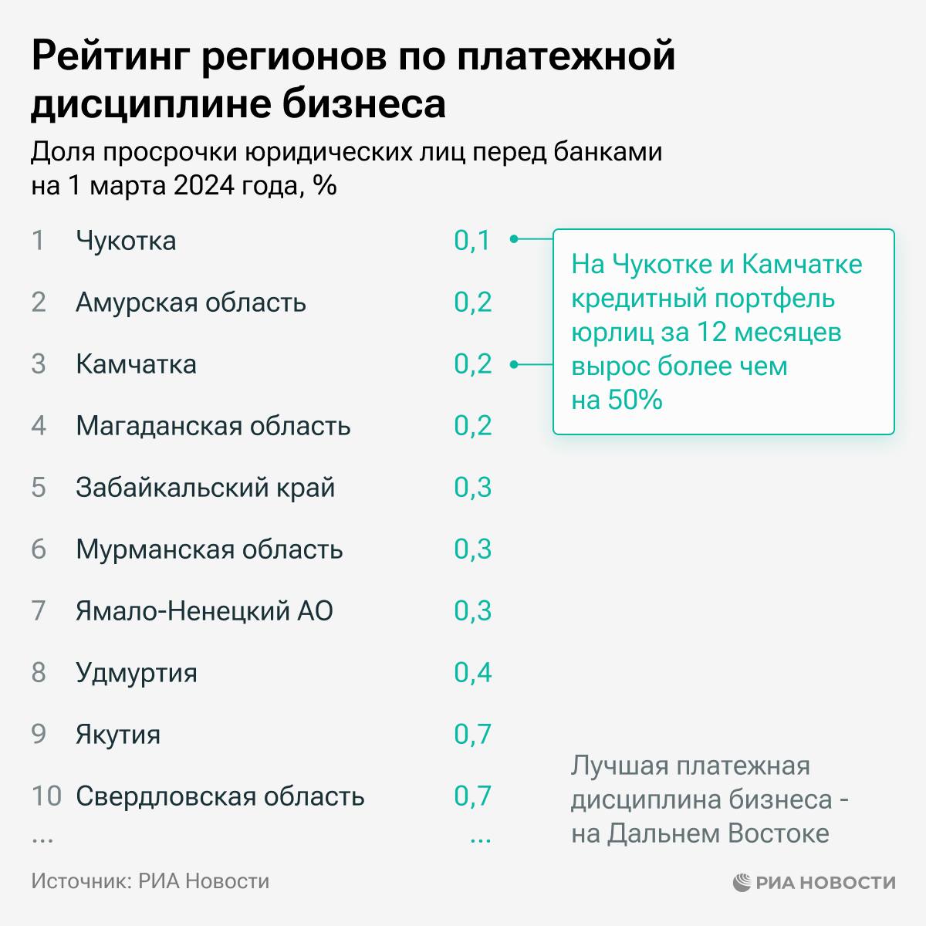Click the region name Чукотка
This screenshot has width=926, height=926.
(x=126, y=241)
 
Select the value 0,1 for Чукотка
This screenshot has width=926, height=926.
(x=472, y=241)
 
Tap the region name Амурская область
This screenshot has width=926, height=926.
(x=191, y=302)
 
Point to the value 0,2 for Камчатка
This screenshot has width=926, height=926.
(x=472, y=364)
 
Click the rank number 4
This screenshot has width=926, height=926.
(x=39, y=426)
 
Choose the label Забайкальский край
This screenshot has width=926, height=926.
(x=205, y=488)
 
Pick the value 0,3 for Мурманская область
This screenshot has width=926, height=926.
(x=472, y=549)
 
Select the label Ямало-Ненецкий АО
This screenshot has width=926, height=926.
(x=204, y=611)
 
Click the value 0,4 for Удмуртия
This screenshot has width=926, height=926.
(x=472, y=673)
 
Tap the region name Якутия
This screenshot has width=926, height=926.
(x=118, y=735)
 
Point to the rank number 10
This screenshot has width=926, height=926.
(x=46, y=796)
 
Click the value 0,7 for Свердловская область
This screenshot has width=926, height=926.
(x=472, y=796)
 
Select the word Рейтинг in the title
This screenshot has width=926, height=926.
(x=108, y=57)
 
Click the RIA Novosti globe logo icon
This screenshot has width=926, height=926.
(x=742, y=882)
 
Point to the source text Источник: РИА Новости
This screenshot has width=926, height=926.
(x=150, y=881)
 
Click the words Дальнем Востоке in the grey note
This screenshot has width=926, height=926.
(x=718, y=833)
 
